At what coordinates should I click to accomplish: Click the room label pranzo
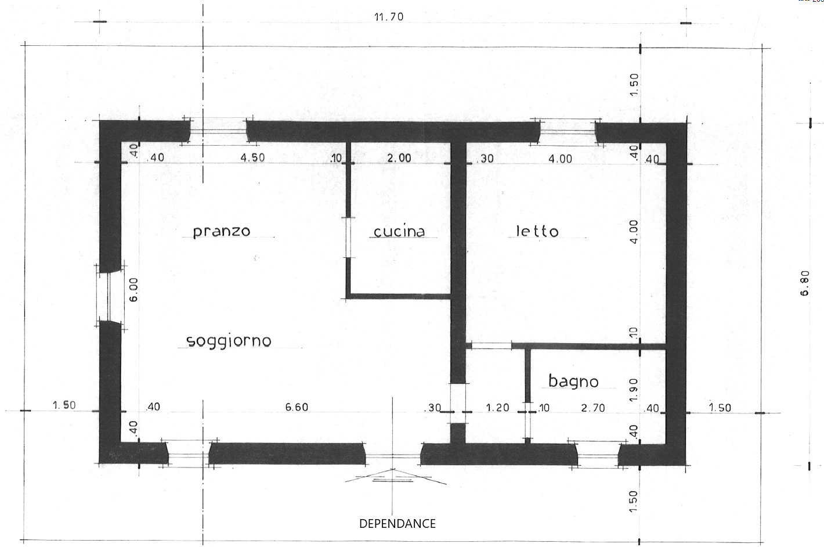[x=222, y=232]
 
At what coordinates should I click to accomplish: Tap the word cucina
[x=399, y=231]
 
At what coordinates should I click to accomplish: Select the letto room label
[x=537, y=231]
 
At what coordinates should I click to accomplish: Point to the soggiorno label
[x=229, y=341]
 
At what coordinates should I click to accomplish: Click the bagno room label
[x=573, y=382]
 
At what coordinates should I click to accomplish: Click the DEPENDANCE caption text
[x=397, y=523]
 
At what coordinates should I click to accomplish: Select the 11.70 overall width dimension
[x=389, y=17]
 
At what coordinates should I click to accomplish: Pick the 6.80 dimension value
[x=804, y=283]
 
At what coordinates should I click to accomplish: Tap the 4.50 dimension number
[x=253, y=157]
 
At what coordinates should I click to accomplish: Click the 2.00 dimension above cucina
[x=399, y=158]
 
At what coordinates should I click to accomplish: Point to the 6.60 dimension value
[x=297, y=406]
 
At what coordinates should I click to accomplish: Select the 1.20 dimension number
[x=498, y=408]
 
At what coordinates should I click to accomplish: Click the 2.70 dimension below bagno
[x=593, y=408]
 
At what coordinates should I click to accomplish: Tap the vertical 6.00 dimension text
[x=133, y=290]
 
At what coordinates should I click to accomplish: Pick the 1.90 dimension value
[x=633, y=390]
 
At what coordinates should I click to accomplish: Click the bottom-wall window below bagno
[x=598, y=455]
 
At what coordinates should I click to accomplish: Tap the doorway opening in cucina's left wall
[x=348, y=237]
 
